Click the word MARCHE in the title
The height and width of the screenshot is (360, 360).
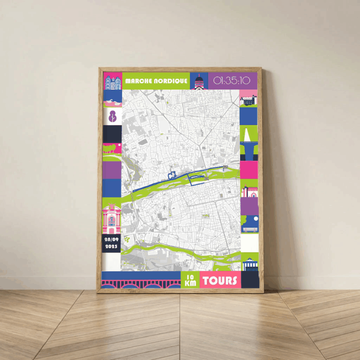click(139, 81)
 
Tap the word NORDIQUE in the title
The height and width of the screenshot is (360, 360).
click(170, 81)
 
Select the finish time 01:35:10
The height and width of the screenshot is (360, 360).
click(232, 81)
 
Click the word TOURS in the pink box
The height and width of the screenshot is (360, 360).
click(220, 281)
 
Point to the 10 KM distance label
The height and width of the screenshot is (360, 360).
click(190, 280)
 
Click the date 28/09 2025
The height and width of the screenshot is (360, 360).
click(111, 243)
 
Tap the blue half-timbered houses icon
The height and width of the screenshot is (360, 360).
click(112, 81)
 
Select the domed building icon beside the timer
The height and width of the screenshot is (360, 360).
click(198, 82)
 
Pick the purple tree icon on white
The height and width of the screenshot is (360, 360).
click(112, 116)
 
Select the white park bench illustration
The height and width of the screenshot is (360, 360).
click(249, 228)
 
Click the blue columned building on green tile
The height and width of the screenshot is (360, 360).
click(250, 264)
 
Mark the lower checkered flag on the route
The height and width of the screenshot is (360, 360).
click(206, 178)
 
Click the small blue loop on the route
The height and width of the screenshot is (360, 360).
click(171, 175)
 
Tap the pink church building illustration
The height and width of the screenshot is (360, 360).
click(249, 191)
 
